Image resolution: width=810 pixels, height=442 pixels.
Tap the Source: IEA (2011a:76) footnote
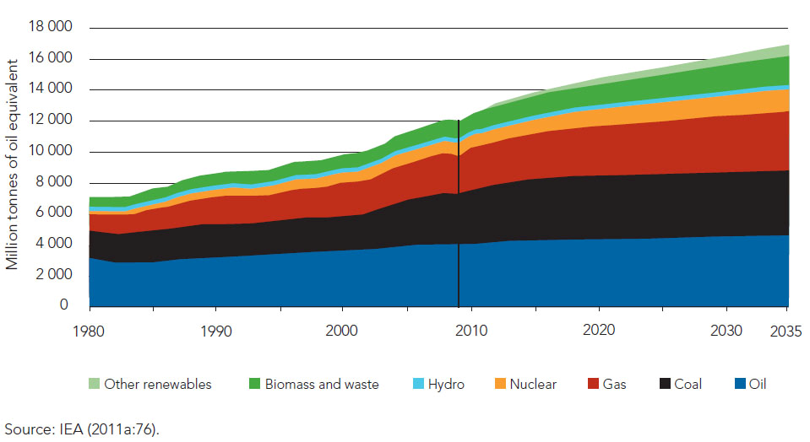coord(81,429)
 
